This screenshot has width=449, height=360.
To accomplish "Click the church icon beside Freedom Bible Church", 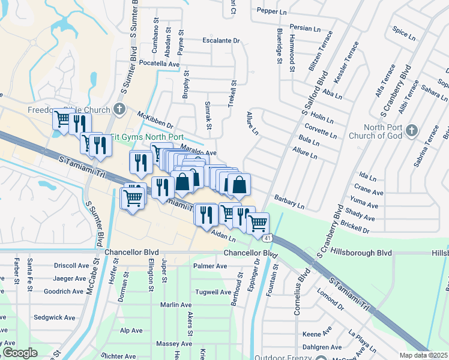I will [x=119, y=109].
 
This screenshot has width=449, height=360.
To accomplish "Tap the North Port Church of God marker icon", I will [x=411, y=130].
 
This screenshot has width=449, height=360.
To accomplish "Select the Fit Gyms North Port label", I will [x=148, y=137].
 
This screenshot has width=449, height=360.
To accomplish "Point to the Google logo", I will [x=20, y=353].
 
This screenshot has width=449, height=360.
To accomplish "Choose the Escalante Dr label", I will [x=221, y=41].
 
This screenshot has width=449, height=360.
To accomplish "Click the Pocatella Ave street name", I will [x=159, y=63].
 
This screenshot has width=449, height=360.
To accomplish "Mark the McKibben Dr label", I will [x=155, y=120].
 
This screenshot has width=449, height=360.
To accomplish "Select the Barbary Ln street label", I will [x=289, y=201].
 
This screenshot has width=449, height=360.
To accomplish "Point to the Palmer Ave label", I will [x=210, y=266].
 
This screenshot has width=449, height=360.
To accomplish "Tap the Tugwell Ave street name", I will [x=211, y=292].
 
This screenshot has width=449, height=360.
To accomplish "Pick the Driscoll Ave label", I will [x=71, y=265].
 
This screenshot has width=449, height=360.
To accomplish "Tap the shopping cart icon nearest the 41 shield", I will [x=258, y=223].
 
